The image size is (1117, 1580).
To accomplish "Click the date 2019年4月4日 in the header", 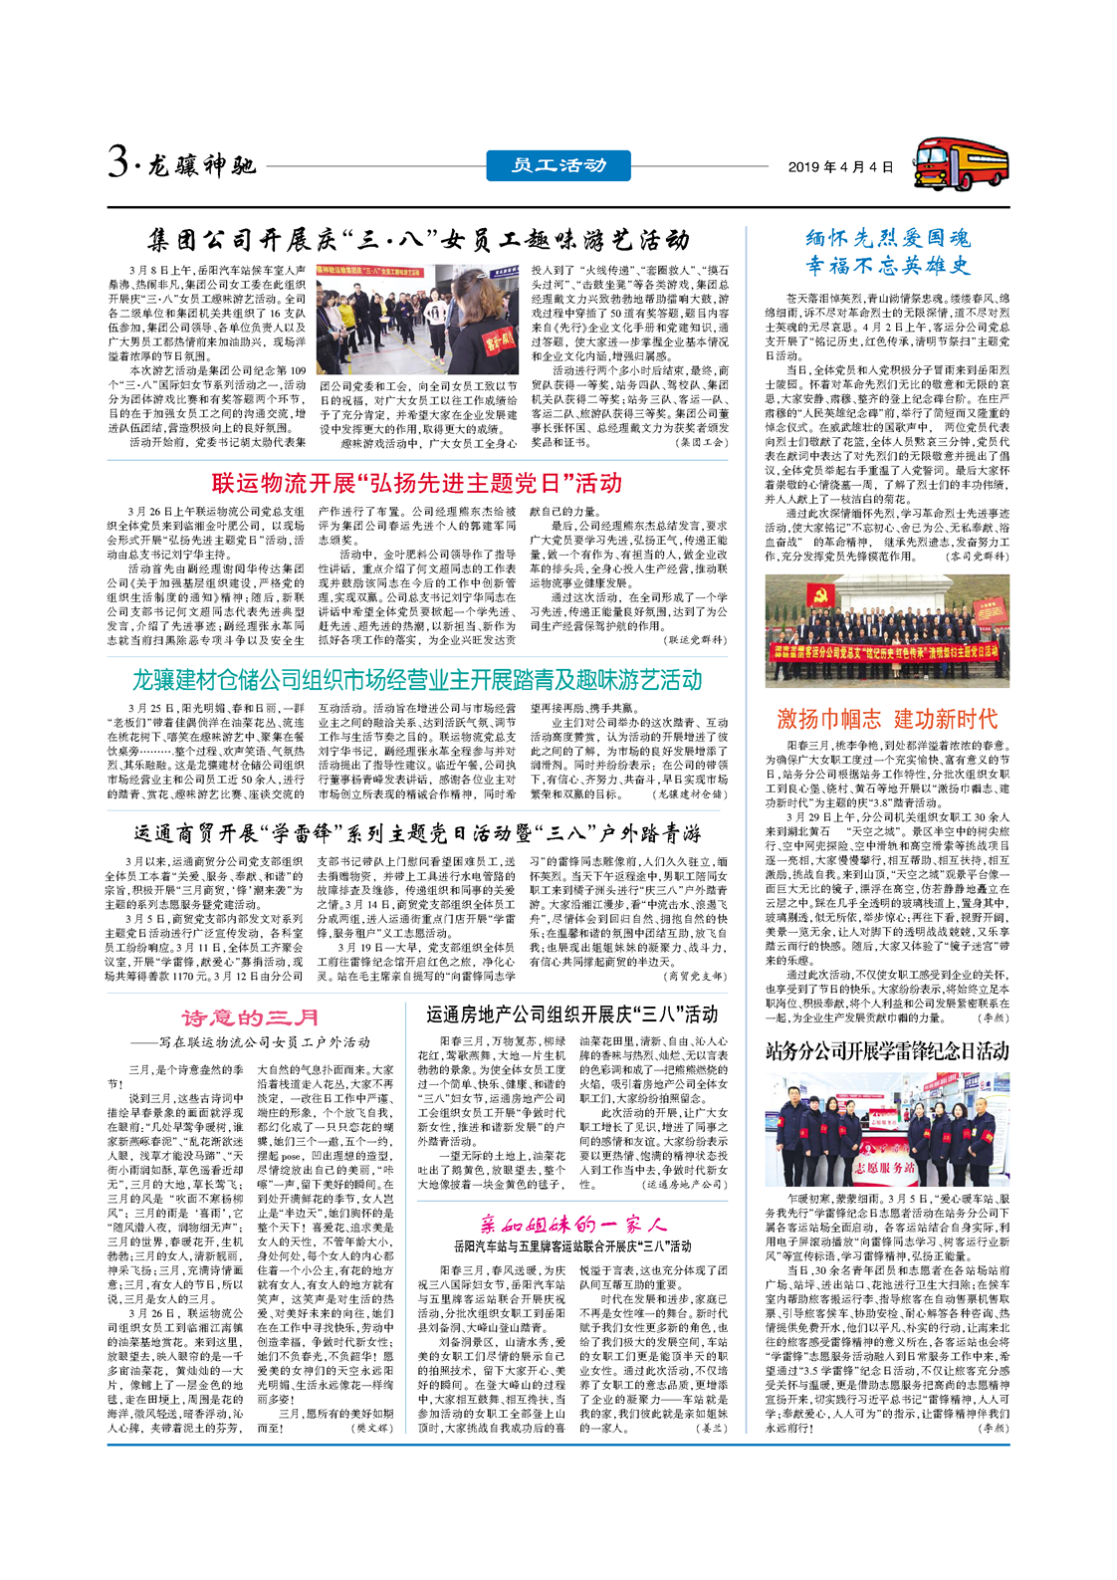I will coord(840,167).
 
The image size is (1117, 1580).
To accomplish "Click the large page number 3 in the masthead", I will coord(119,162).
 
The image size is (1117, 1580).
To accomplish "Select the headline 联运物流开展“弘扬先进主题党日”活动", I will coord(416,484).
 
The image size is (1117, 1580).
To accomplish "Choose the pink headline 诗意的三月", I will coord(251,1017).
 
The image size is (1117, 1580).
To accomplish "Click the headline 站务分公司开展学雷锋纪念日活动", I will coord(887,1050).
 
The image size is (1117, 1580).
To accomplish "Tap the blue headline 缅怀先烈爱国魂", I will coord(887,238).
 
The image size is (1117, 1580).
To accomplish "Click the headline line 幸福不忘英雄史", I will coord(887,266).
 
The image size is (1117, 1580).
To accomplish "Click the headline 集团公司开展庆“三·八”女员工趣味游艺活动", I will coord(418,240).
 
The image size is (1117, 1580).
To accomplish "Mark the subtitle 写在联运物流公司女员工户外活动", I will coord(264,1042).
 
